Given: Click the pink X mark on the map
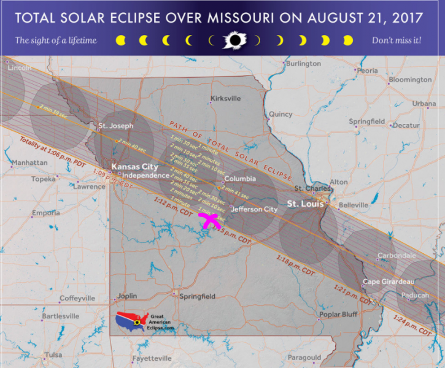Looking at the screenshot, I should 209,221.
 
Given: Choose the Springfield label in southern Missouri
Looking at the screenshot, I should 198,296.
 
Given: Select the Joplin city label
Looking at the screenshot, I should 127,296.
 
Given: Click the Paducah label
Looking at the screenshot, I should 416,295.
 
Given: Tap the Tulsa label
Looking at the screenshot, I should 53,355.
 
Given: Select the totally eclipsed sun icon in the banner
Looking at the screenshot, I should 234,40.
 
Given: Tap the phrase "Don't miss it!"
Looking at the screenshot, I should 397,40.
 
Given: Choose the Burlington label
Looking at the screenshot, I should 304,64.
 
